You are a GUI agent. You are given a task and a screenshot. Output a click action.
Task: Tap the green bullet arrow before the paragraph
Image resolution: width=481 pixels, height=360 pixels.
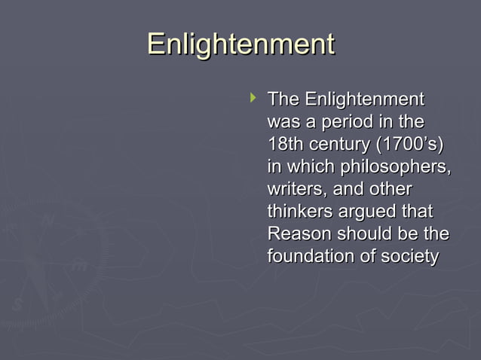[x=253, y=97]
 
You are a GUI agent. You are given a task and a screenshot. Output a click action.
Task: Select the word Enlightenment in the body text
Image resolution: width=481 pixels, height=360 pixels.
[x=364, y=99]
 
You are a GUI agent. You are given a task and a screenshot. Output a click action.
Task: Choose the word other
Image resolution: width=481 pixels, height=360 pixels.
[x=389, y=189]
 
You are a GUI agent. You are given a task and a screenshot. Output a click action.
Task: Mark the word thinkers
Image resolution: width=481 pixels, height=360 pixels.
[x=300, y=212]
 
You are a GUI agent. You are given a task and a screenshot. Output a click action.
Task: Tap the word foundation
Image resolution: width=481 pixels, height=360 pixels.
[x=310, y=257]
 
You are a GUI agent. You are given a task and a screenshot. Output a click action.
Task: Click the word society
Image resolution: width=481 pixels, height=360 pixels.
[x=409, y=258]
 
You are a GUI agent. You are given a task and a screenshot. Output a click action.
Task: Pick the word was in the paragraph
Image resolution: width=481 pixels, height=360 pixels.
[x=283, y=122]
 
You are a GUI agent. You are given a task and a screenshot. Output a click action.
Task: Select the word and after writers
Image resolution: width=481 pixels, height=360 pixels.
[x=343, y=189]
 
